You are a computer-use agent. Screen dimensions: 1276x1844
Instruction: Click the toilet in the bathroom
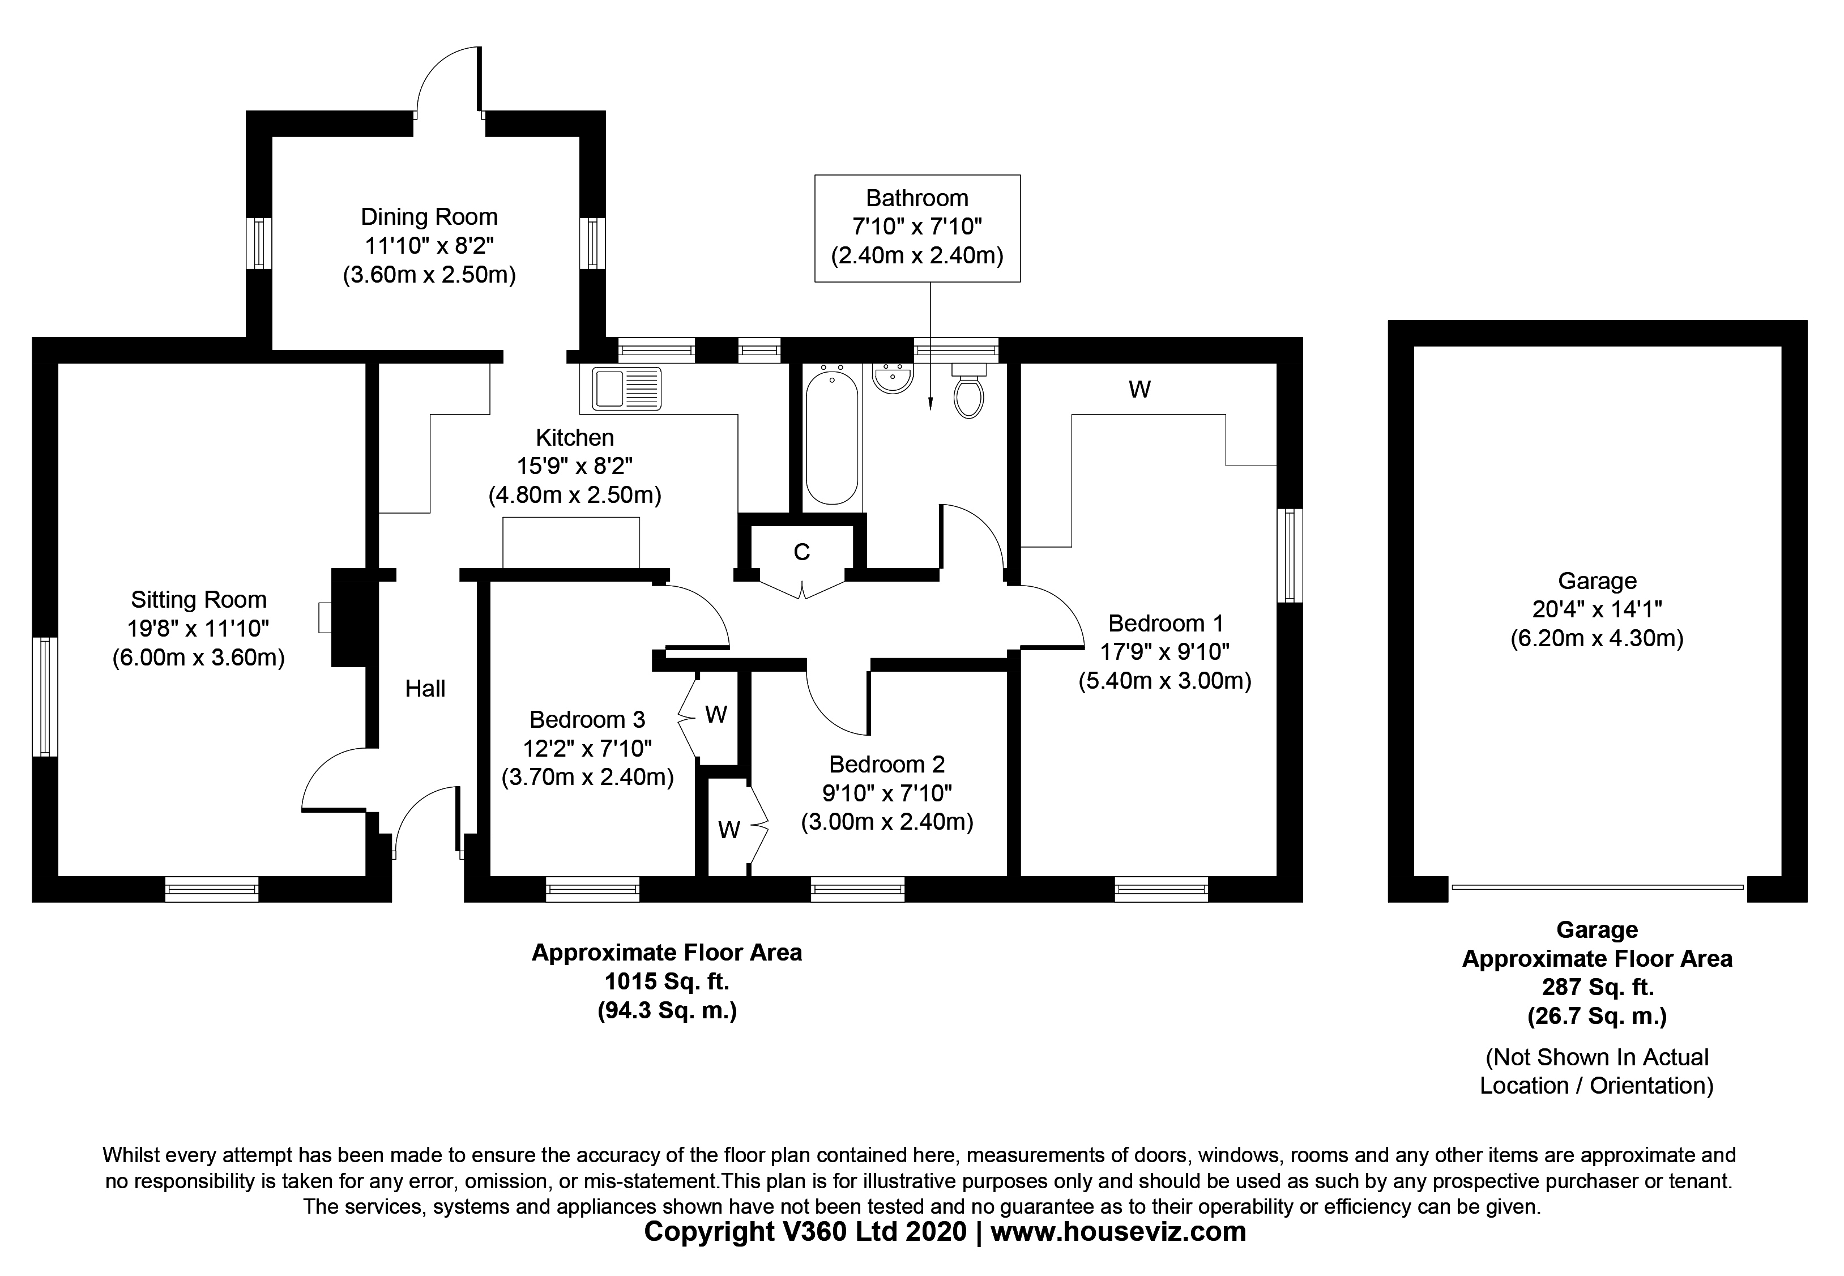tap(969, 394)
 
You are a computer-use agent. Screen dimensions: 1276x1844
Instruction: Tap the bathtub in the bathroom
tap(832, 436)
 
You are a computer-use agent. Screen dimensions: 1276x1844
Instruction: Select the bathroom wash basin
tap(892, 378)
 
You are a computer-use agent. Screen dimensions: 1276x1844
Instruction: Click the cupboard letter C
tap(802, 552)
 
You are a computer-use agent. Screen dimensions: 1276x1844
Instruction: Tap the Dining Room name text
tap(429, 217)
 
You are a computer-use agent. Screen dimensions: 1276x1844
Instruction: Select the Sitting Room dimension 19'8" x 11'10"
tap(198, 629)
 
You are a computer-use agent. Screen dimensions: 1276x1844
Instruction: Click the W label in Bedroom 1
tap(1139, 389)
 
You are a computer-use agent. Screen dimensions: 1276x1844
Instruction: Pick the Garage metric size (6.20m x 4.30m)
tap(1596, 638)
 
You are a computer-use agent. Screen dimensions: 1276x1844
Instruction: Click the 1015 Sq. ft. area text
tap(667, 981)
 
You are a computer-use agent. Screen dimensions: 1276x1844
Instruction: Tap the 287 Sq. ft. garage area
tap(1597, 987)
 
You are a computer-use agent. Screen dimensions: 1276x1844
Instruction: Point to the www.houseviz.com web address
tap(1117, 1232)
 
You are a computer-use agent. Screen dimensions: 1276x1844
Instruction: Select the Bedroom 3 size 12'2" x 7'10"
tap(587, 748)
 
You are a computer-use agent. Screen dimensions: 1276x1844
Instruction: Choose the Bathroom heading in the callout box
tap(917, 198)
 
